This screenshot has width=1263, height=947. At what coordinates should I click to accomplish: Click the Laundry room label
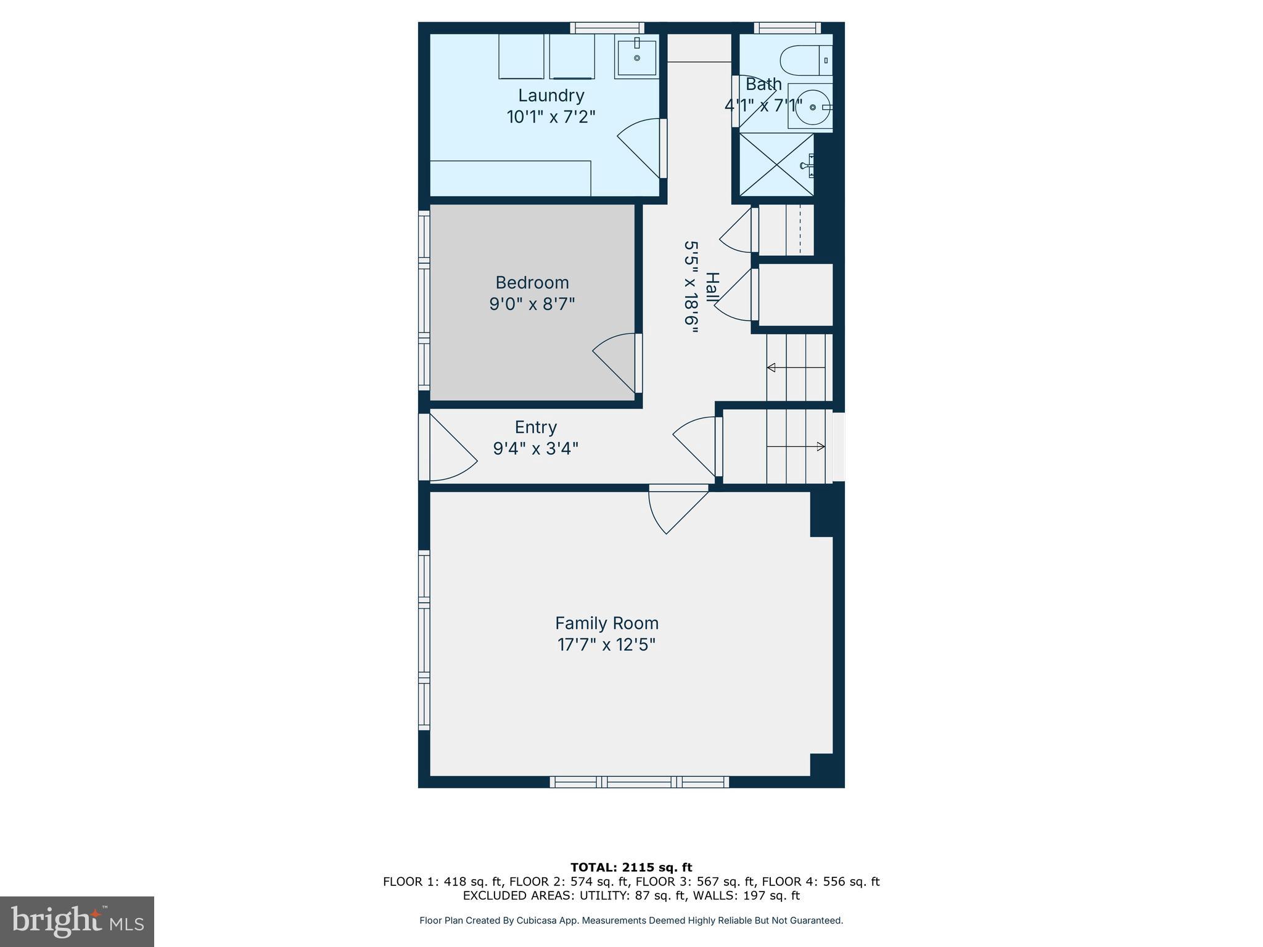[551, 96]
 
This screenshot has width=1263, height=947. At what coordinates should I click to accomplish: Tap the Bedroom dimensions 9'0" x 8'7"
[532, 304]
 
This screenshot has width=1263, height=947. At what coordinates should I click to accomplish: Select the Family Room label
[606, 623]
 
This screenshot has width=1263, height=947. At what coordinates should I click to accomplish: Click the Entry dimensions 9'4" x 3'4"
[535, 448]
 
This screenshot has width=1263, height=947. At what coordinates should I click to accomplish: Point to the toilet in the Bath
[805, 60]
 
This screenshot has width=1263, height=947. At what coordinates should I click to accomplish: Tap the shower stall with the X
[776, 165]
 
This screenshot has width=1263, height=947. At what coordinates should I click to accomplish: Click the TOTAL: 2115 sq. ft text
[631, 867]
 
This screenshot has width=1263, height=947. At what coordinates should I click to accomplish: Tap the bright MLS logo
[77, 921]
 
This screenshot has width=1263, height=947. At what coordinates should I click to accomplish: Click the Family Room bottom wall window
[639, 782]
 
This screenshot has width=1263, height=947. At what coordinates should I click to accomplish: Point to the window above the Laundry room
[607, 28]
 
